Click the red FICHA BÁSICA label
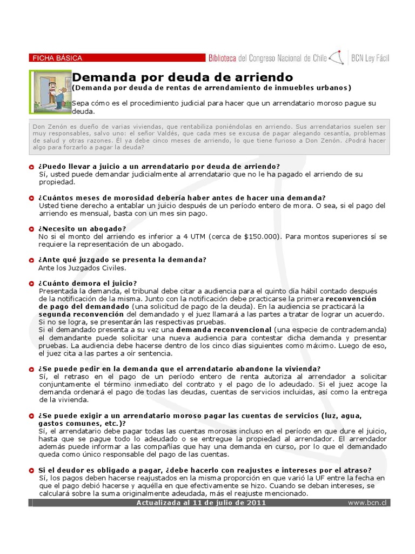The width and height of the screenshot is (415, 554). point(56,58)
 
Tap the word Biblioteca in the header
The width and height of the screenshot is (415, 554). point(222,58)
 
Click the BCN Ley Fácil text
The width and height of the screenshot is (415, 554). point(370,58)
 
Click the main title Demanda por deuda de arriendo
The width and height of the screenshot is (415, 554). point(182,77)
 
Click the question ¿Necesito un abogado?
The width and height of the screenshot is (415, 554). point(82,229)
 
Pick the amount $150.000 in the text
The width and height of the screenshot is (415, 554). point(262,236)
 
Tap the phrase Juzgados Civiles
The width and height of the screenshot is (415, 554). point(99,267)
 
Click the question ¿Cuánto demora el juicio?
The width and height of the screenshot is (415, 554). point(88,283)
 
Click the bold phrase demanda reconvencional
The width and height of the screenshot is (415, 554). point(224,329)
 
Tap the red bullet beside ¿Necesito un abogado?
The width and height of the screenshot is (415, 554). point(33,229)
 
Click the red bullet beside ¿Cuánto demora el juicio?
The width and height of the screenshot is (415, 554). point(33,283)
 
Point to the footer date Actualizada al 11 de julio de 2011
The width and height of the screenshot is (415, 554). point(202,503)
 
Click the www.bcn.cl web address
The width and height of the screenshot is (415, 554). point(368,503)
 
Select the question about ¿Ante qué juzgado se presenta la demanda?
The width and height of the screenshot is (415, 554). point(122,260)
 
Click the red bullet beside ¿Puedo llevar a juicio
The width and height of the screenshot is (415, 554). point(33,167)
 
